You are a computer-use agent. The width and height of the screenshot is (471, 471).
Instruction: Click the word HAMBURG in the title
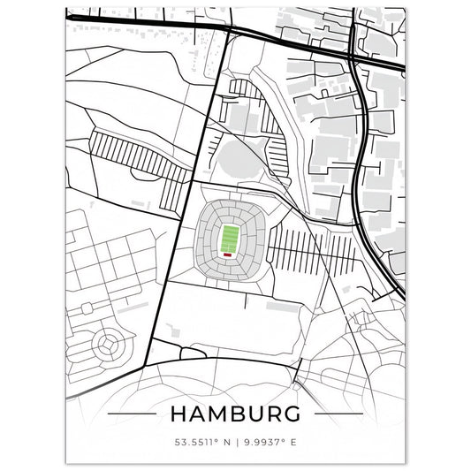pos(235,414)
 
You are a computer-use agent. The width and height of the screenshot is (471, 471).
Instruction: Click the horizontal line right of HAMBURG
pos(339,414)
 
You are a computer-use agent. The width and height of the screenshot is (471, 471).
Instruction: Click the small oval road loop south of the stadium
pos(192,352)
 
